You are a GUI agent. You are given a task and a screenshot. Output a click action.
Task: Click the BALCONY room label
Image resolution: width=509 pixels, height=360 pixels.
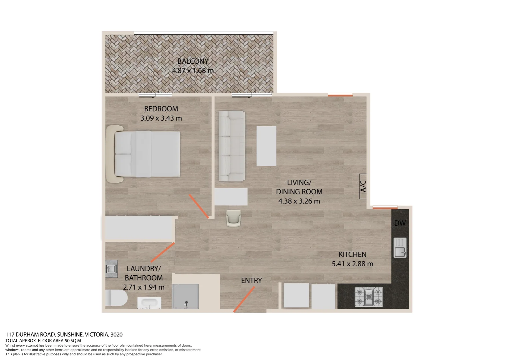point(193,61)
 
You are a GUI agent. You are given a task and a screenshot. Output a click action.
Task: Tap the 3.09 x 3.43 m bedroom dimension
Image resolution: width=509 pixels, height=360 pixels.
point(161,118)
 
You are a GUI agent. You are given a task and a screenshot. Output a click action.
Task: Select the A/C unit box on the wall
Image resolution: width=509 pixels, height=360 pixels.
point(363,186)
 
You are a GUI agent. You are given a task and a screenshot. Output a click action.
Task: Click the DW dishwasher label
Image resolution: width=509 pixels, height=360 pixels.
point(400,223)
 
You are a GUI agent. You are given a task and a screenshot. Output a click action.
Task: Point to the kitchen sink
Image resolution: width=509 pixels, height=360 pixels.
point(400,248)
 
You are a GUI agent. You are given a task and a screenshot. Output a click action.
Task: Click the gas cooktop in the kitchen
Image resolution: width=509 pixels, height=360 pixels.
point(368,296)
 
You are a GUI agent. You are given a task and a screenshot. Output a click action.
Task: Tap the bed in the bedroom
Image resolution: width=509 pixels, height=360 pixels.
point(147,154)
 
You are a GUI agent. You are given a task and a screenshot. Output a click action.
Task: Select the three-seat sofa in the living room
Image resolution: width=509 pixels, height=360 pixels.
point(232,146)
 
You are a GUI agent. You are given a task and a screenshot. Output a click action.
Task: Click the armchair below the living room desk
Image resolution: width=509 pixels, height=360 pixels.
point(233,218)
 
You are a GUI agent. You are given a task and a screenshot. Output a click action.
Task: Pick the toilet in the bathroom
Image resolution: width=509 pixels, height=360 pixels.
point(116,298)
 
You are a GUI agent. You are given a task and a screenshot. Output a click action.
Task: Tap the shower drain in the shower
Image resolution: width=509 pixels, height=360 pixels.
point(186,303)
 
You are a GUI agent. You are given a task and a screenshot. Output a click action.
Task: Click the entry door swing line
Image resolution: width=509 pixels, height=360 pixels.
point(244,299)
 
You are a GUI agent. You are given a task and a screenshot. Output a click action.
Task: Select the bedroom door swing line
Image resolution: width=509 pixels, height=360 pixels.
point(199,206)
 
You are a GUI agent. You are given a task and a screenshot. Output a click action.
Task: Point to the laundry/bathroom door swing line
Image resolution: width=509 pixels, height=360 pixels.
point(163,252)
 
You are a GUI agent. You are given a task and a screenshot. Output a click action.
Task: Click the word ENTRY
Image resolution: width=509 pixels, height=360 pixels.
point(252,281)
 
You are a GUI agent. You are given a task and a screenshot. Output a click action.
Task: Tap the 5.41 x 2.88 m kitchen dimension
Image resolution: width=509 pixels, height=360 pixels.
point(352,264)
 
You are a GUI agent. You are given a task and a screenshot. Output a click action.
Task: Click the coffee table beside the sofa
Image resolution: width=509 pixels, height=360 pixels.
point(266,146)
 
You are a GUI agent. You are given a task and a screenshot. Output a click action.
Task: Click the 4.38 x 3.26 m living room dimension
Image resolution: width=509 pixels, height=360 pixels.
point(299,201)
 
